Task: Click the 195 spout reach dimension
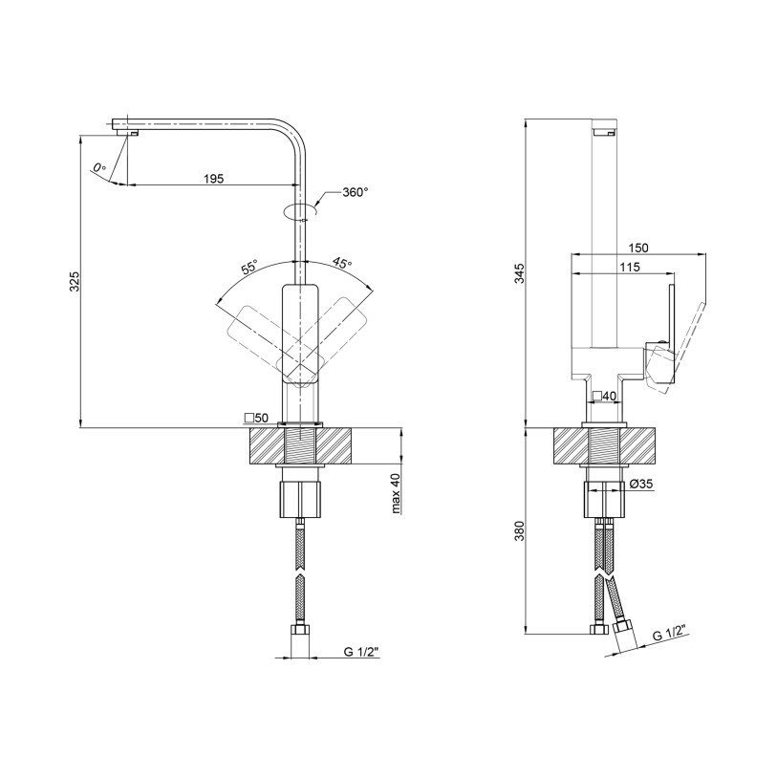point(213,179)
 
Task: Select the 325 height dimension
point(74,281)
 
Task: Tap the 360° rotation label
point(356,192)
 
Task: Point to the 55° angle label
point(249,267)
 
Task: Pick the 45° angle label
point(342,262)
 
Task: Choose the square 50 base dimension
point(256,418)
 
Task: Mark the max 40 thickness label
point(395,493)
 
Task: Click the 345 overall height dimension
point(519,273)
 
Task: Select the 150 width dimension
point(637,248)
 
